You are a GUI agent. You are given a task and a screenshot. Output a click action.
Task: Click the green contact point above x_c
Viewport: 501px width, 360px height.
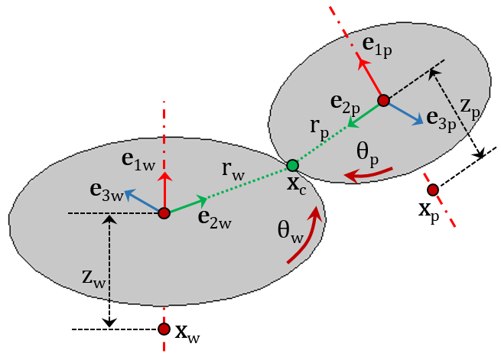[292, 165]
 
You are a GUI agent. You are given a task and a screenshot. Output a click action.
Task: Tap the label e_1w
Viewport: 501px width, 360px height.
[138, 159]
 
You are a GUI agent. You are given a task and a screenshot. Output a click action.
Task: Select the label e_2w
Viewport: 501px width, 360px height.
[214, 218]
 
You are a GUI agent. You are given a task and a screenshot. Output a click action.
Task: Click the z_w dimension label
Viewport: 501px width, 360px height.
[93, 278]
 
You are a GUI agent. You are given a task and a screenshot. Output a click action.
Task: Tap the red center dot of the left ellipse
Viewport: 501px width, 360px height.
[164, 214]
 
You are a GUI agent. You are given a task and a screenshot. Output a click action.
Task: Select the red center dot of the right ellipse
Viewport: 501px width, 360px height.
[383, 100]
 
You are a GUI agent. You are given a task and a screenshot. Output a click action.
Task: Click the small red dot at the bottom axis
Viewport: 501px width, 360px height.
[164, 329]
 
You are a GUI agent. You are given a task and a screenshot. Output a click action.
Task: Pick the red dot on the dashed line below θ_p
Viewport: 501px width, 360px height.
[433, 190]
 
